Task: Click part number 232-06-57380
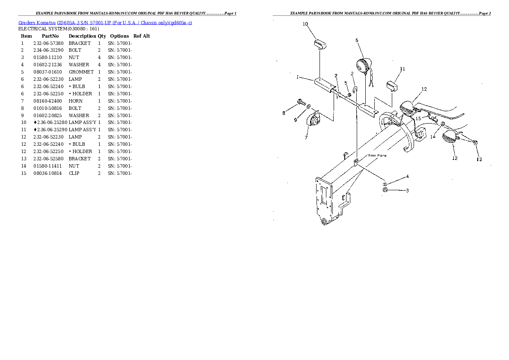click(x=48, y=43)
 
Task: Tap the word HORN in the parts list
click(x=76, y=101)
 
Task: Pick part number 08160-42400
click(x=48, y=101)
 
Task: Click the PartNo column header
click(x=50, y=36)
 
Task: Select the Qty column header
click(x=102, y=36)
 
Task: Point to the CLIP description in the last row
click(x=74, y=173)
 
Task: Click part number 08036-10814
click(x=48, y=173)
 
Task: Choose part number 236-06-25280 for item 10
click(x=49, y=123)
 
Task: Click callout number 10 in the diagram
click(x=305, y=24)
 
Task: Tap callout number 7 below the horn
click(x=306, y=138)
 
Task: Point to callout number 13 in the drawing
click(x=479, y=159)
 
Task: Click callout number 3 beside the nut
click(x=407, y=190)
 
